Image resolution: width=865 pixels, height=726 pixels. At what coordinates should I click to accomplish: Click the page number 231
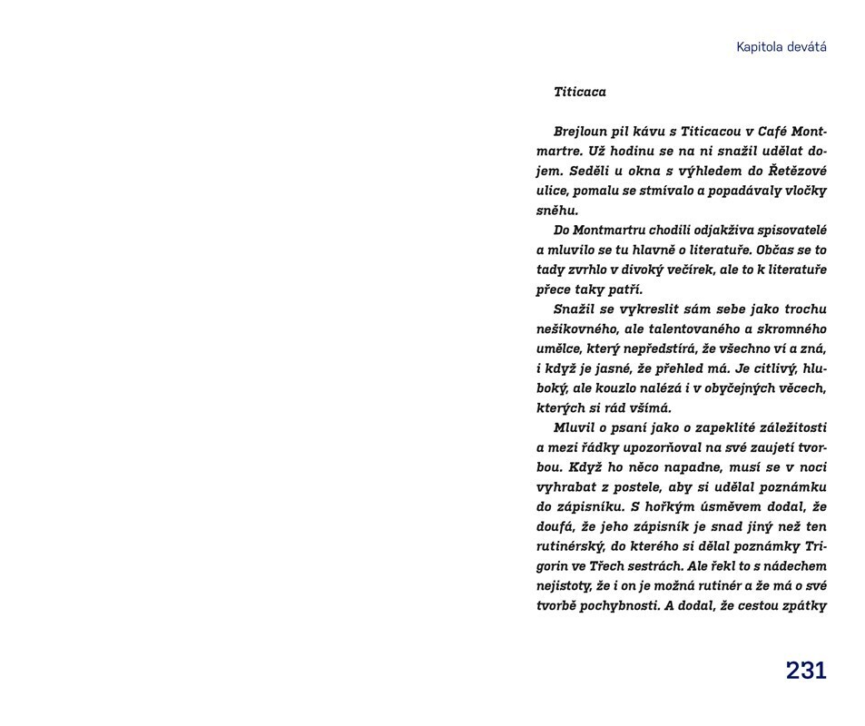coord(806,671)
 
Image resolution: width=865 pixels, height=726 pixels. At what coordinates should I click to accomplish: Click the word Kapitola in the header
coord(761,47)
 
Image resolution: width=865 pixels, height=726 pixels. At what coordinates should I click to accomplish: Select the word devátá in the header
coord(808,47)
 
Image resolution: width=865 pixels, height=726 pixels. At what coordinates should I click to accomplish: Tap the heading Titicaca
coord(579,92)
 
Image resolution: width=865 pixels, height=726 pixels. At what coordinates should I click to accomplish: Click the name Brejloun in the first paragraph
coord(582,131)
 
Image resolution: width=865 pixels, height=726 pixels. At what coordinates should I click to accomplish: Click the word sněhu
coord(556,211)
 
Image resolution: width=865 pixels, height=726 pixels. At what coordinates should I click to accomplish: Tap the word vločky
coord(802,191)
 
